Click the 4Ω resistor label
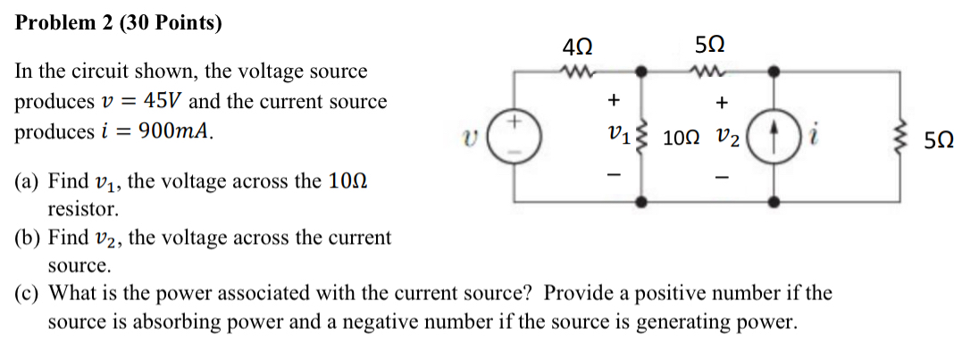pos(578,45)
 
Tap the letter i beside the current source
pos(814,136)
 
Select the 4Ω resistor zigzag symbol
pos(577,70)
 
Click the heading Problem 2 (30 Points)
pos(119,23)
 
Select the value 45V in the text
pos(166,101)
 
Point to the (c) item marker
pos(28,293)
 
